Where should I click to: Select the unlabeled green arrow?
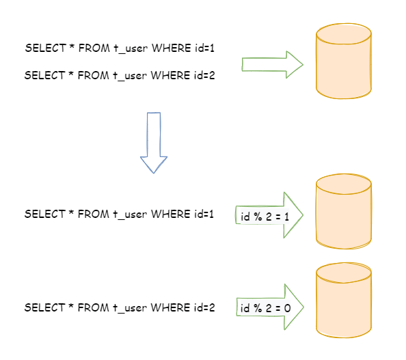271,64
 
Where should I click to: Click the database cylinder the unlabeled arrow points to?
344,61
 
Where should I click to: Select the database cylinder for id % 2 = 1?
344,212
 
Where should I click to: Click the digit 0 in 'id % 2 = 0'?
288,309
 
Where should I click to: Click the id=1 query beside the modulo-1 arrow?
120,214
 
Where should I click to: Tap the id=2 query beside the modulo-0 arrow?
120,308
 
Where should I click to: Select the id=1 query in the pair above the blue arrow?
120,49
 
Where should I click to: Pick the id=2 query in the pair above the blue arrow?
120,76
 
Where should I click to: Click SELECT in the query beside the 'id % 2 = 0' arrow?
44,308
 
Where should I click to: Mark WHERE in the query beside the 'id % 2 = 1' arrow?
170,214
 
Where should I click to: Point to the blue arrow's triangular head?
154,164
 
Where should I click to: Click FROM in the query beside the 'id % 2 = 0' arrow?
89,308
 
